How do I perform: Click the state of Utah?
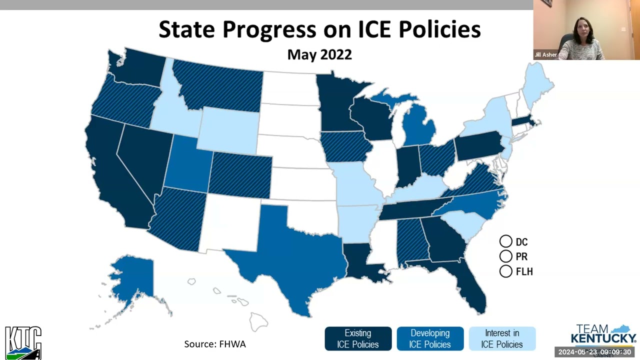click(x=187, y=165)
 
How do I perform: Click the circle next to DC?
click(x=505, y=241)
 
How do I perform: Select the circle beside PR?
click(x=505, y=256)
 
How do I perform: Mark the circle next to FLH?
click(x=505, y=271)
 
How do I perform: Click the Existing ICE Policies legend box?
click(x=358, y=338)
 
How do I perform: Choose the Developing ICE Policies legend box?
click(x=430, y=338)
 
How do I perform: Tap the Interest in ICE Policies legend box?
click(x=502, y=338)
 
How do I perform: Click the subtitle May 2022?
click(x=319, y=54)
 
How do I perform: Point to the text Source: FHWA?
click(x=215, y=344)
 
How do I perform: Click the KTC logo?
click(x=23, y=343)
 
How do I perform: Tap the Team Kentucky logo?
click(x=603, y=335)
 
